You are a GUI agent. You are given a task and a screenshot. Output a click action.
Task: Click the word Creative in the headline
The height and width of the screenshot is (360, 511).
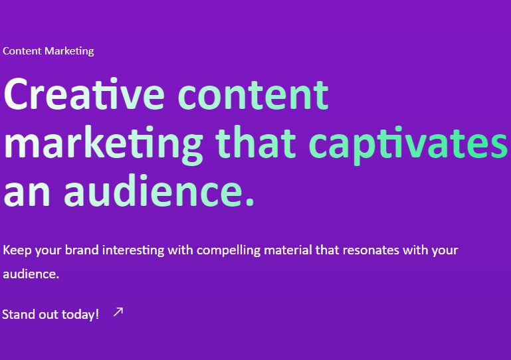click(x=84, y=94)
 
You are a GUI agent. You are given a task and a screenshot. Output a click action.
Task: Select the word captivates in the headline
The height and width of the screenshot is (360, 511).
click(x=409, y=145)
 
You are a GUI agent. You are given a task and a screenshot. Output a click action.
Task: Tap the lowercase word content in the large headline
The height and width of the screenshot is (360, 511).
click(x=253, y=95)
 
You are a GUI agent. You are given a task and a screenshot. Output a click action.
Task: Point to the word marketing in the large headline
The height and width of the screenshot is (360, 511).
click(x=103, y=145)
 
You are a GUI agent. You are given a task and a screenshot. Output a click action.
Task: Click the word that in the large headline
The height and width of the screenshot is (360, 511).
click(x=255, y=142)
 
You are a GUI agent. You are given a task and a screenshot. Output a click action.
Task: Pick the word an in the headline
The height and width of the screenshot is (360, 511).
click(x=27, y=193)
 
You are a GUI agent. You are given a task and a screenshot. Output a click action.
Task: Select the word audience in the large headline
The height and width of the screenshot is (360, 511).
click(x=153, y=191)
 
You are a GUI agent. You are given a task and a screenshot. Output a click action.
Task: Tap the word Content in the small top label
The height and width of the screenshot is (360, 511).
click(x=22, y=51)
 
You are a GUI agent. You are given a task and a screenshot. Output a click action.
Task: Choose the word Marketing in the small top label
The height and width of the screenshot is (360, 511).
click(x=69, y=51)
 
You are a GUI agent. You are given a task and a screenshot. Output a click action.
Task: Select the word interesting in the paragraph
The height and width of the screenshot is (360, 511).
click(x=134, y=251)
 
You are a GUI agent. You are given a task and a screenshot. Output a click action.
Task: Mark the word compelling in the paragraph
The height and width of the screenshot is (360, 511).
click(x=229, y=251)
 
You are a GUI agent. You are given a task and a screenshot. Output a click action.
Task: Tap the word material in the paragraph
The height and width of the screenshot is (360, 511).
click(x=288, y=250)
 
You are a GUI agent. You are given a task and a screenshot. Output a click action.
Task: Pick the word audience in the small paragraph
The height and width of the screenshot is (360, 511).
click(x=31, y=274)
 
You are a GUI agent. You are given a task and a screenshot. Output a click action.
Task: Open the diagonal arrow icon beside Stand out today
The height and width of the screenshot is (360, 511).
click(x=118, y=312)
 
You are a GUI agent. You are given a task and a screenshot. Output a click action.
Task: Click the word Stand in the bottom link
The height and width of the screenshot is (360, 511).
click(x=19, y=315)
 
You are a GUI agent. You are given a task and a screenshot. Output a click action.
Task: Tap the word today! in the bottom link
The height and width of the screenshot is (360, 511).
click(x=80, y=315)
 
